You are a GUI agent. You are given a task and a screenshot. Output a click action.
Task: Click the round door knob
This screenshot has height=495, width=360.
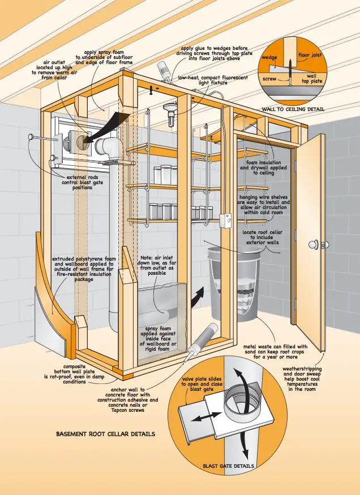pyautogui.click(x=314, y=245)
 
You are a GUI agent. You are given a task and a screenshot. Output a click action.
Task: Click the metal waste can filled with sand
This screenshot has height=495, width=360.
pyautogui.click(x=235, y=283)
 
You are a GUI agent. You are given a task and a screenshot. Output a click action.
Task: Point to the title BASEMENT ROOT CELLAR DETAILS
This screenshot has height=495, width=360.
pyautogui.click(x=105, y=434)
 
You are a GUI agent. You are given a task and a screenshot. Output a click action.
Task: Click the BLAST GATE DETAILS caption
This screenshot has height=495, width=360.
pyautogui.click(x=228, y=466)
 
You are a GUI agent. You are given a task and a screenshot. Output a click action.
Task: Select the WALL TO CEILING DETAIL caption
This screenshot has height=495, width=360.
pyautogui.click(x=293, y=109)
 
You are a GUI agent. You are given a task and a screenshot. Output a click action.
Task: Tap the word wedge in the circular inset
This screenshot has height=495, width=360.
pyautogui.click(x=269, y=57)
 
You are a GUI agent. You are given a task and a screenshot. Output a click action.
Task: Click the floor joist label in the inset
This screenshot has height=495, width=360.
pyautogui.click(x=310, y=56)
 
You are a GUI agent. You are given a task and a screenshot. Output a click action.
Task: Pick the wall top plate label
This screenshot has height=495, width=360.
pyautogui.click(x=312, y=79)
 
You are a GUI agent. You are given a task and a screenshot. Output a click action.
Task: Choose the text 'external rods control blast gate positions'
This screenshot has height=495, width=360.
pyautogui.click(x=82, y=182)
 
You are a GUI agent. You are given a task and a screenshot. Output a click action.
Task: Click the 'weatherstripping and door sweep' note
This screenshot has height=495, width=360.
pyautogui.click(x=302, y=379)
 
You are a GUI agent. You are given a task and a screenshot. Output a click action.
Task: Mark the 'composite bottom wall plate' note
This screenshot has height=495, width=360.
pyautogui.click(x=74, y=374)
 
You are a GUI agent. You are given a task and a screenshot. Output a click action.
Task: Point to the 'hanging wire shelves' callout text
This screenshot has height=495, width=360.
pyautogui.click(x=263, y=205)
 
